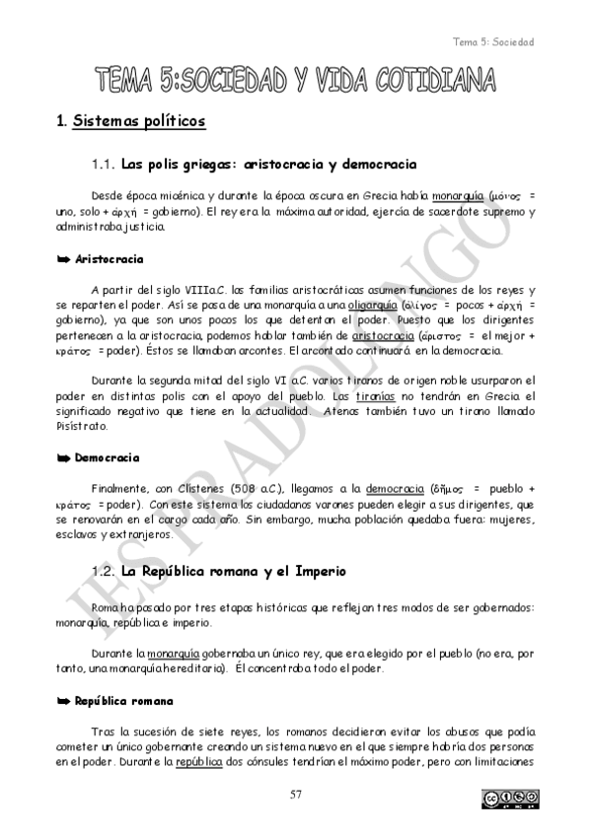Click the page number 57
[x=295, y=795]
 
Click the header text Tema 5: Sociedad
[x=492, y=41]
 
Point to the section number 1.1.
[x=104, y=164]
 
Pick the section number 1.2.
[x=104, y=571]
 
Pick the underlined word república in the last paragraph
[x=198, y=762]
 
